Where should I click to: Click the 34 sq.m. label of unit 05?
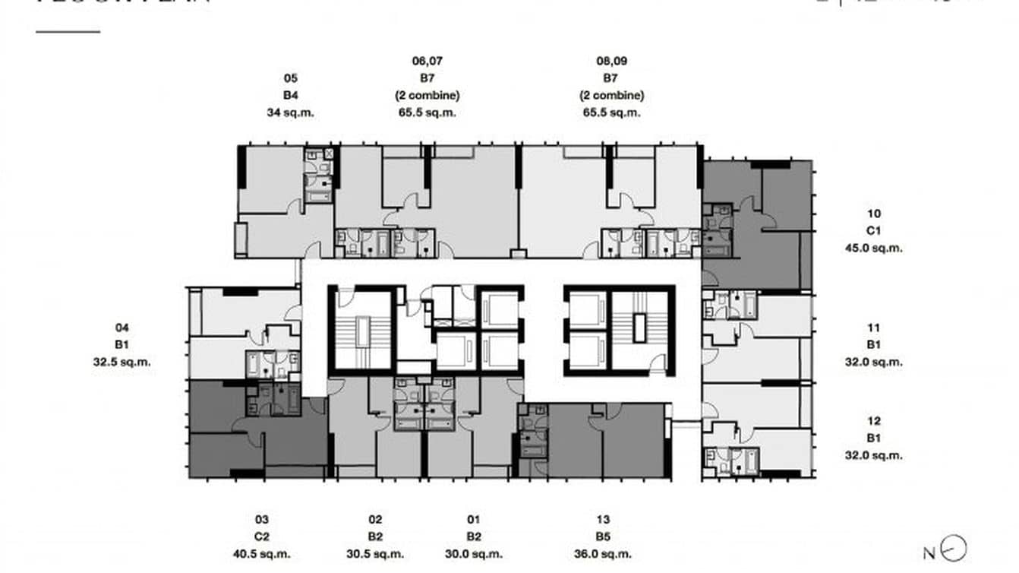[x=290, y=112]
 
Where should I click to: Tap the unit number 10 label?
[x=873, y=214]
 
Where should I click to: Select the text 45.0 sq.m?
[x=873, y=248]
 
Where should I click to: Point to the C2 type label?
[x=261, y=537]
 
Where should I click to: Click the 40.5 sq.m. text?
[x=261, y=554]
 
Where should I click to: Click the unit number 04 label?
[x=121, y=328]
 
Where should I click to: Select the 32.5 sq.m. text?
[x=121, y=362]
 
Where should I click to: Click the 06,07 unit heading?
[x=427, y=62]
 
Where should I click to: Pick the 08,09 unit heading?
[x=611, y=62]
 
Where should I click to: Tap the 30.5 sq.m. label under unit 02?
[x=375, y=554]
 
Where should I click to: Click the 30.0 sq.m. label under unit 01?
[x=474, y=554]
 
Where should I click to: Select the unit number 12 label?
[x=873, y=421]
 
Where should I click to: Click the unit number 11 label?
[x=873, y=328]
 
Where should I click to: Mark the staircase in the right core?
[x=637, y=328]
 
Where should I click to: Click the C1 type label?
[x=873, y=231]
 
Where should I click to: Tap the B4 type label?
[x=290, y=96]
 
